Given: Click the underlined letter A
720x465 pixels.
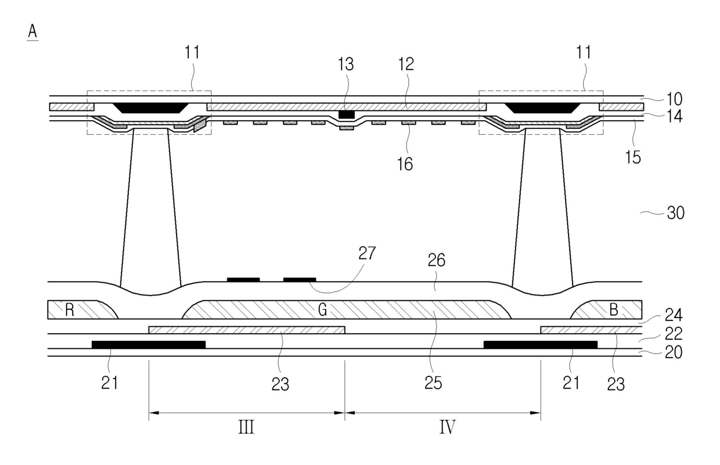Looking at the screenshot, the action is [x=33, y=32].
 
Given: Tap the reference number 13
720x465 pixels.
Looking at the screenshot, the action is [x=346, y=64].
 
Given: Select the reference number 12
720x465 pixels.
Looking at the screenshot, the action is [x=406, y=64].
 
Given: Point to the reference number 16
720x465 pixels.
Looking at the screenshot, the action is [x=405, y=164].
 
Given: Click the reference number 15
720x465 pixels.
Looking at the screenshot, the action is [x=633, y=157].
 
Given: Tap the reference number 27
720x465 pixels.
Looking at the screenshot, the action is [x=367, y=253].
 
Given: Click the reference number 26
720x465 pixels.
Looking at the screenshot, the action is [x=437, y=260].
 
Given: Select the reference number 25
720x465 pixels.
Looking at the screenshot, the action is [x=433, y=383].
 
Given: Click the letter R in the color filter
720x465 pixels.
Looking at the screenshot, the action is [x=70, y=310].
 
